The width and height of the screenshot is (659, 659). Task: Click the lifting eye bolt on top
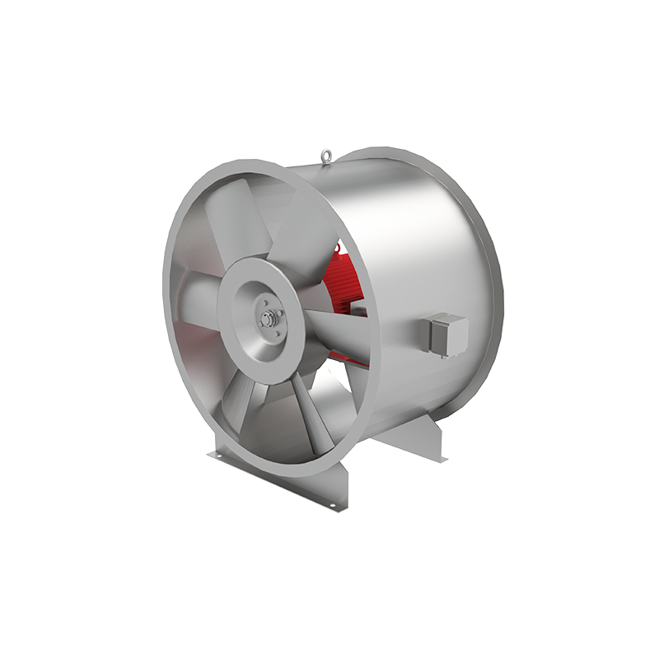tap(328, 154)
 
